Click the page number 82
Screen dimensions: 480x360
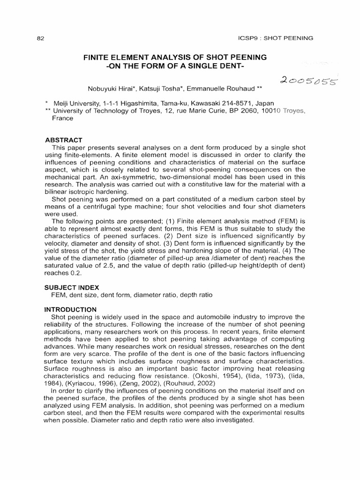tap(40, 38)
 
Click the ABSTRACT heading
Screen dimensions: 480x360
tap(63, 140)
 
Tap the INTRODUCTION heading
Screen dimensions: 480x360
tap(70, 309)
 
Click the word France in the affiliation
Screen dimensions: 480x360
tap(62, 119)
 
